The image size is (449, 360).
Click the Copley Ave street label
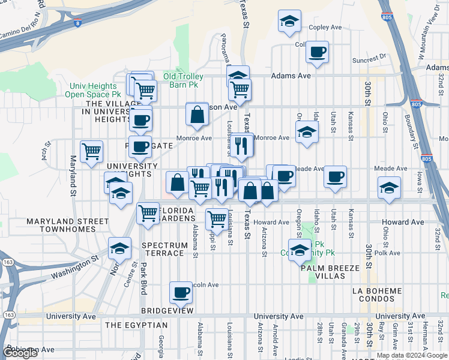click(x=325, y=28)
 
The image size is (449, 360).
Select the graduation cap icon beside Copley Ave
click(x=290, y=22)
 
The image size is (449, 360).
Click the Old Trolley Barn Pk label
click(x=184, y=80)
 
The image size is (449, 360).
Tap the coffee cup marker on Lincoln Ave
click(x=181, y=293)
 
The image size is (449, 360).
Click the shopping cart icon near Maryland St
click(x=91, y=151)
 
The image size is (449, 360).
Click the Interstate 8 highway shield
click(x=77, y=23)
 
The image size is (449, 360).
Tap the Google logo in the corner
click(x=20, y=353)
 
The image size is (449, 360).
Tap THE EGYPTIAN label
click(x=136, y=325)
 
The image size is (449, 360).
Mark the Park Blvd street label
click(x=143, y=282)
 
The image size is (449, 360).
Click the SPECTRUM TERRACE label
click(x=163, y=250)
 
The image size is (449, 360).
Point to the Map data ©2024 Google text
click(x=412, y=355)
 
